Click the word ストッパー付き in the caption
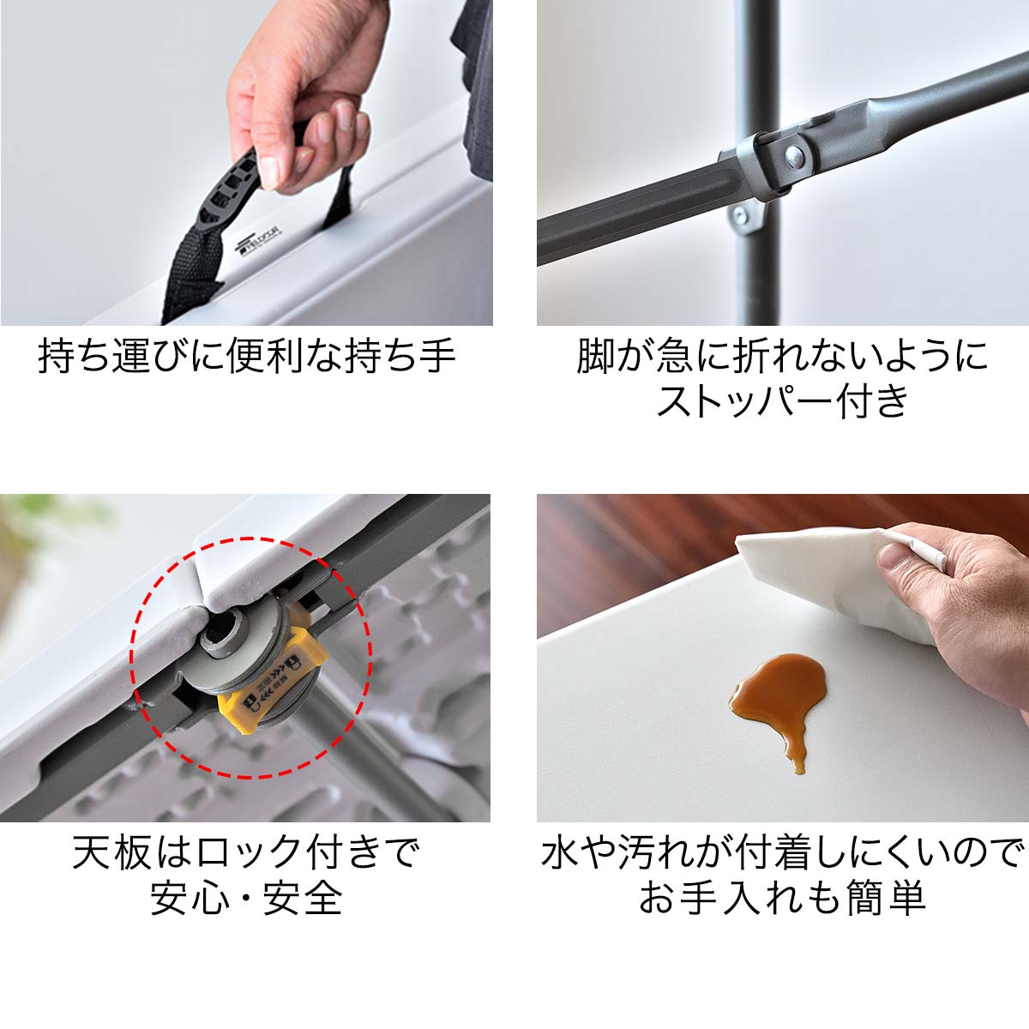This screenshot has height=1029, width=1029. coord(781,401)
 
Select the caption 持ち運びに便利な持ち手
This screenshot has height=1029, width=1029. coord(246,355)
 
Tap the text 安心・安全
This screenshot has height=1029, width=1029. coord(246,899)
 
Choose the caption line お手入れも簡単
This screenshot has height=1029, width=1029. coord(781,899)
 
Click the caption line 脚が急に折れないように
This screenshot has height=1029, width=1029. coord(781,355)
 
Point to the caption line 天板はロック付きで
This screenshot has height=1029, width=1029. coord(246,852)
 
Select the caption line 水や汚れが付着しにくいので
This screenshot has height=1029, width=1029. coord(781,852)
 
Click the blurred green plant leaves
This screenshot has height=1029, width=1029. coord(51,523)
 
